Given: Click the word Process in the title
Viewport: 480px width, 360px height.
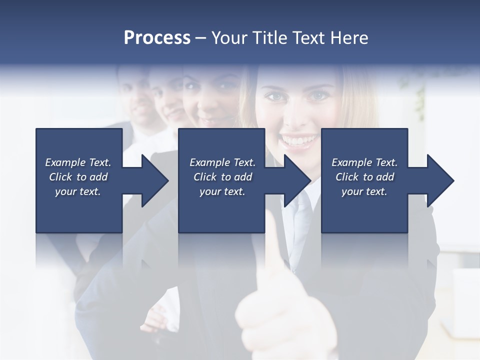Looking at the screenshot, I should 157,38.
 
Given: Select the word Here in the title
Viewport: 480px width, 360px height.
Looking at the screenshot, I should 349,38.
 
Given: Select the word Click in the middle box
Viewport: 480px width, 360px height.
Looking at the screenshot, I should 205,177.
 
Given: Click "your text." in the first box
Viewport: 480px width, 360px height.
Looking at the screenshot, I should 78,191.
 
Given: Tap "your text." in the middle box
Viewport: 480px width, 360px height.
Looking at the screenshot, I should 222,191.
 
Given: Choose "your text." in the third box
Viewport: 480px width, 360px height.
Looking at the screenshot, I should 364,191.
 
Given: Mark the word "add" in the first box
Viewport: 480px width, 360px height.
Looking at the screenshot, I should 98,177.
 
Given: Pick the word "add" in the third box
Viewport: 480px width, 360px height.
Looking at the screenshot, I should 385,177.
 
